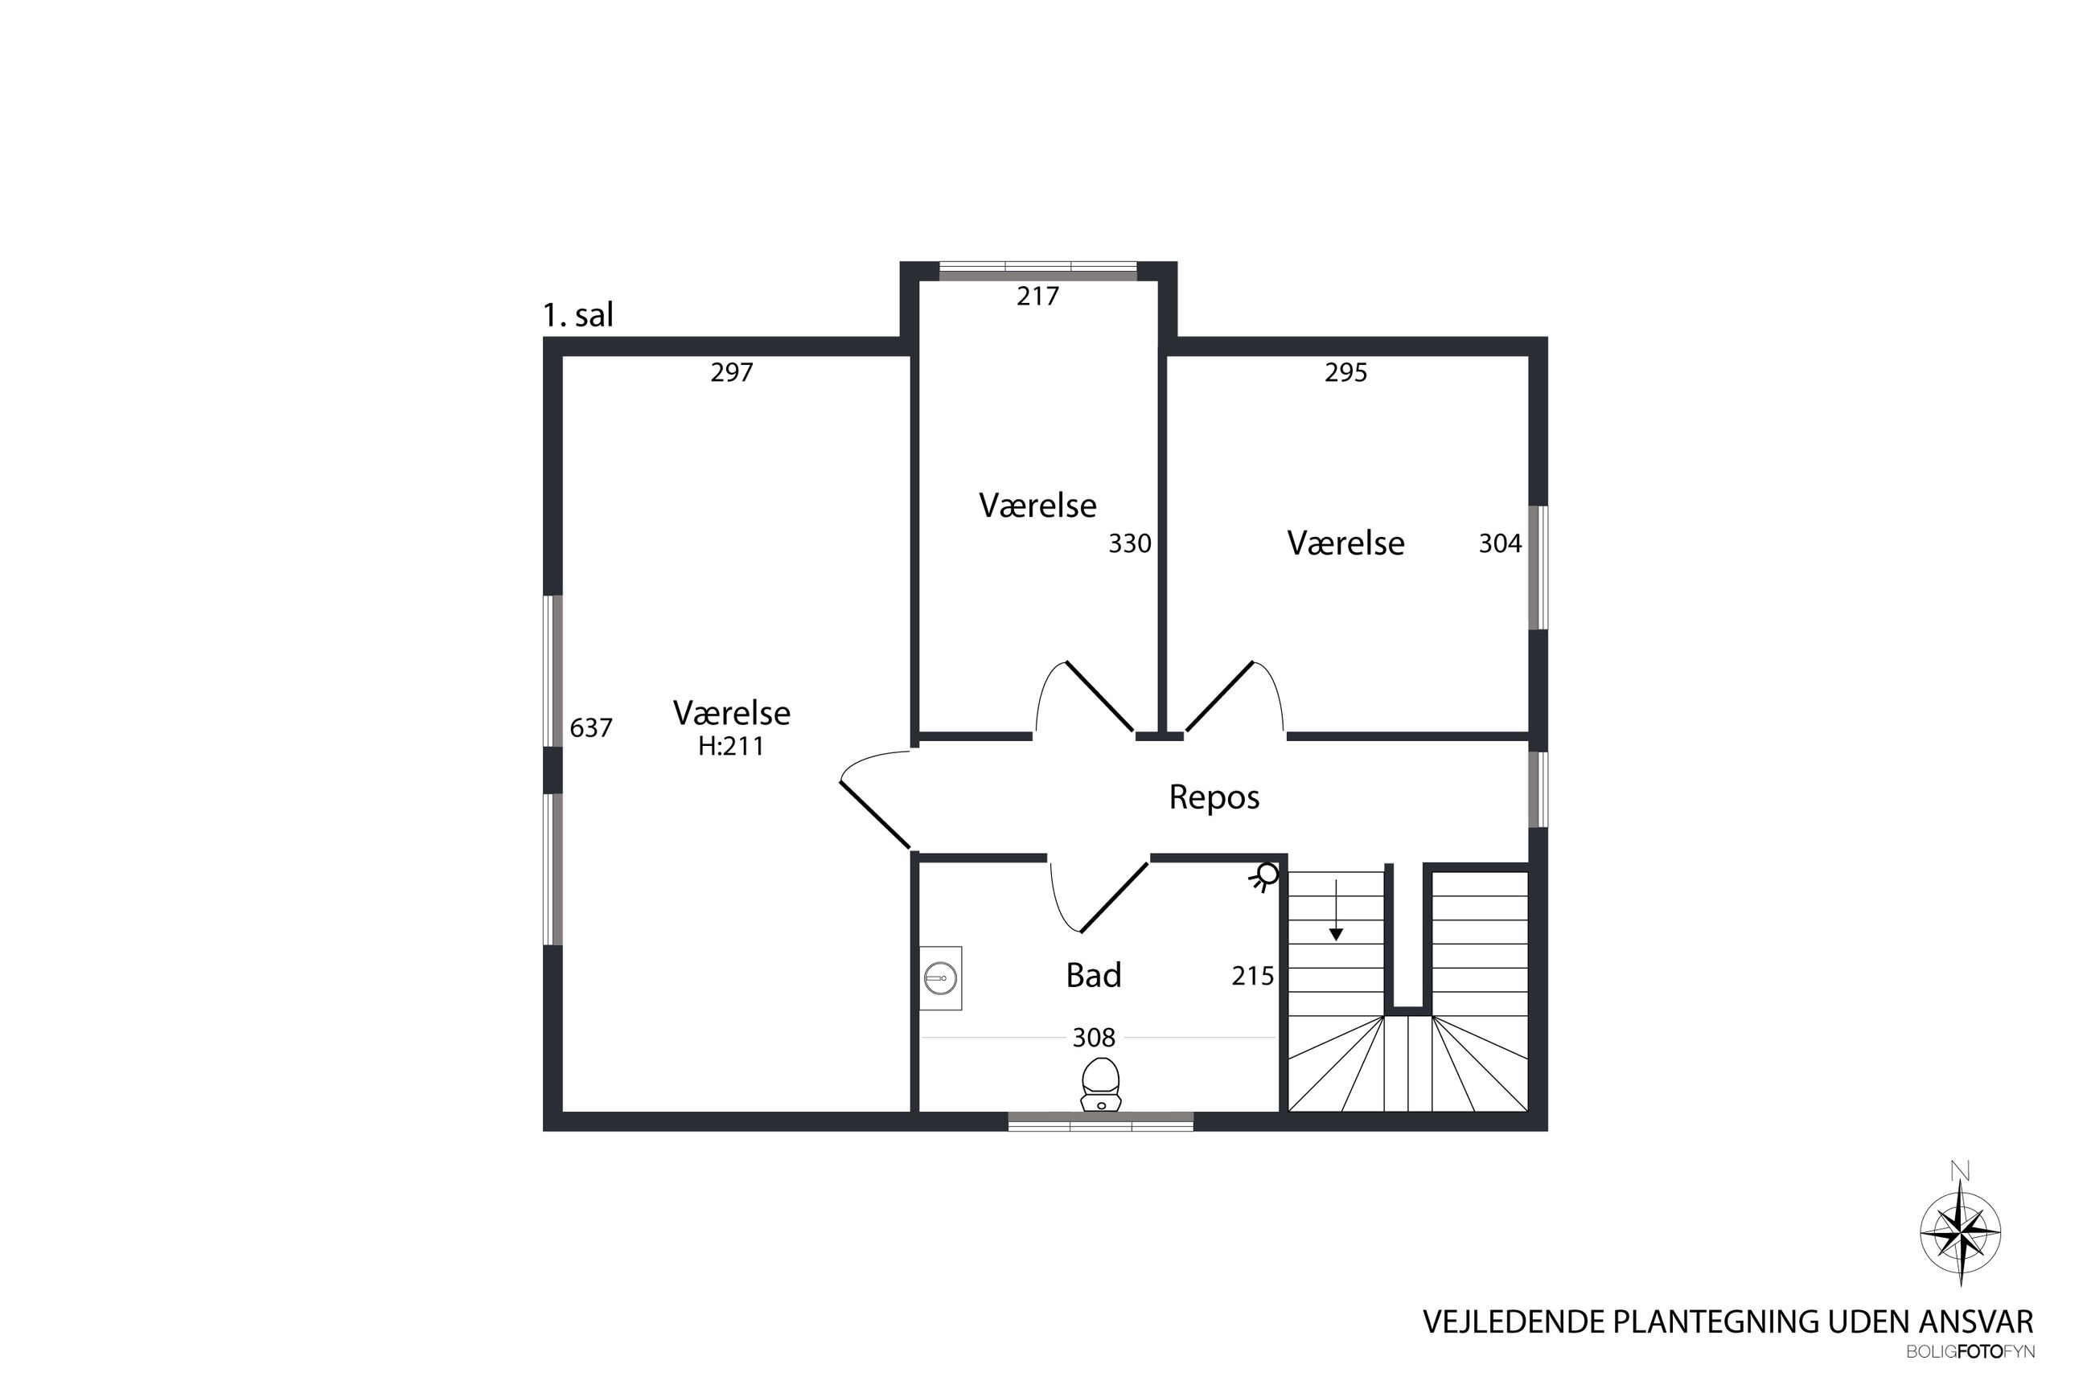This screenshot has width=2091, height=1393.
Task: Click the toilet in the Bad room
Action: pos(1100,1084)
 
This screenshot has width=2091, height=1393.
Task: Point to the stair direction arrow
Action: pos(1336,910)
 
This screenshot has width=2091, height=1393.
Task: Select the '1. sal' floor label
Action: pos(577,314)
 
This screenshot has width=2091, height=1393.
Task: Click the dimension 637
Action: pos(591,728)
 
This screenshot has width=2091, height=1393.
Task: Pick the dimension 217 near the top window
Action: pos(1038,296)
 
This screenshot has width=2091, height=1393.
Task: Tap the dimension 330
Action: pos(1129,543)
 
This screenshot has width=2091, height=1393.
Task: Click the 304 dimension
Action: pos(1500,543)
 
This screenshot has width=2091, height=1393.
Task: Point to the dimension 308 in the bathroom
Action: pos(1094,1037)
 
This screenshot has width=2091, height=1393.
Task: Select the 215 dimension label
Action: pos(1253,977)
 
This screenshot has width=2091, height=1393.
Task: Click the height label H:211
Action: pos(730,746)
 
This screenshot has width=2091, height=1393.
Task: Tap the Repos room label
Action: pos(1214,797)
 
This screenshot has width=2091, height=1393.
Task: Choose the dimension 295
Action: pos(1345,372)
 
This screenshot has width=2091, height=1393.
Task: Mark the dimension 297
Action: pos(731,372)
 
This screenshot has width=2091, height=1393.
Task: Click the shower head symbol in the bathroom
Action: pos(1265,877)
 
